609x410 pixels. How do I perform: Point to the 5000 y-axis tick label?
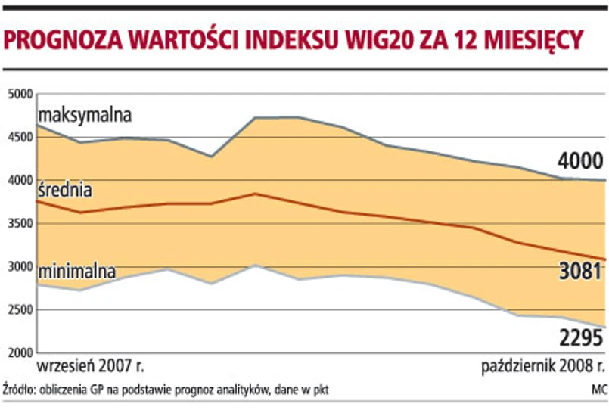tap(19, 94)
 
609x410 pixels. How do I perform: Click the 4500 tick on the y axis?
tap(19, 138)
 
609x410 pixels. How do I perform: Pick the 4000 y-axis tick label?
tap(19, 181)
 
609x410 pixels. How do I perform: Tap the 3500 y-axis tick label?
tap(19, 224)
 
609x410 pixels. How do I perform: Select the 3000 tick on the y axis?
tap(19, 267)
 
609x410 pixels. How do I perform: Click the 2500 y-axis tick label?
tap(19, 310)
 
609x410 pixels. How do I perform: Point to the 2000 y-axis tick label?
tap(19, 353)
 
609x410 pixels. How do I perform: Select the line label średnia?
tap(65, 190)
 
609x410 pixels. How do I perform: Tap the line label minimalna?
tap(77, 270)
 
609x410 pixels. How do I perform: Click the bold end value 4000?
tap(579, 161)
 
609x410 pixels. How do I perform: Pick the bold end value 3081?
tap(579, 272)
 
